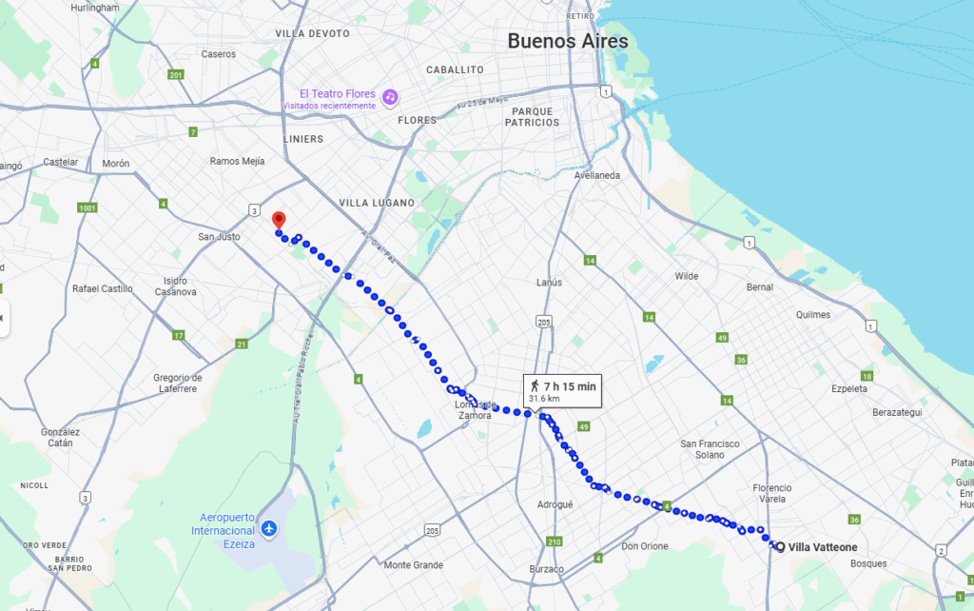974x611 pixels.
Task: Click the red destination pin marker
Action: click(278, 220)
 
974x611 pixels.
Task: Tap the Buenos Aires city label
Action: click(567, 41)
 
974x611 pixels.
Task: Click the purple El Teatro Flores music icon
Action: click(390, 97)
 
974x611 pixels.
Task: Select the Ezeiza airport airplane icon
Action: click(269, 527)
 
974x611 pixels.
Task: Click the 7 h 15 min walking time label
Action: click(569, 385)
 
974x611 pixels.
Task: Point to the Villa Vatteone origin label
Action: click(822, 547)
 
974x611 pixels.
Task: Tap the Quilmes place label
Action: click(813, 315)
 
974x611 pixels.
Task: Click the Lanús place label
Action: click(549, 283)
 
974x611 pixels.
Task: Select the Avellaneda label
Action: click(597, 175)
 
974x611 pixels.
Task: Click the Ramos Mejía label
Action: click(237, 161)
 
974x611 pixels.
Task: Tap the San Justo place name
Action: click(219, 236)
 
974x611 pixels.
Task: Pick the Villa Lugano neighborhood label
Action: click(377, 203)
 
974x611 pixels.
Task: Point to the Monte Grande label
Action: click(414, 564)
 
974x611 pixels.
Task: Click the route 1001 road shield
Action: click(88, 207)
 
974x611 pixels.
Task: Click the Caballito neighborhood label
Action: click(455, 69)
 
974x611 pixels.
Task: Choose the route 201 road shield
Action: click(175, 75)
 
